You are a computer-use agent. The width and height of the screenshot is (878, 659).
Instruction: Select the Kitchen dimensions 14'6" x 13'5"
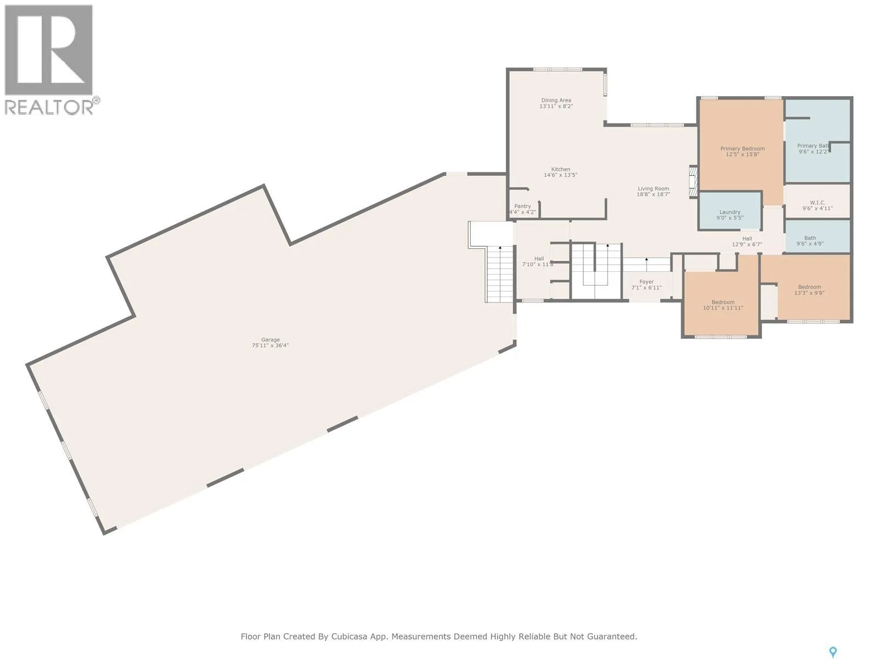pyautogui.click(x=560, y=175)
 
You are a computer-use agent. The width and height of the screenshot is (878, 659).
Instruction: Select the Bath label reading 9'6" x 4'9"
pyautogui.click(x=810, y=241)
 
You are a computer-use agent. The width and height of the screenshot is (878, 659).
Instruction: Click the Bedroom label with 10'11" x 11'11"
pyautogui.click(x=723, y=305)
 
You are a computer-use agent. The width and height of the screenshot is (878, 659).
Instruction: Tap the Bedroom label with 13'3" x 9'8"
pyautogui.click(x=809, y=290)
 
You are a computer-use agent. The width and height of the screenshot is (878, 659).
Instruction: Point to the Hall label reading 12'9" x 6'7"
pyautogui.click(x=747, y=241)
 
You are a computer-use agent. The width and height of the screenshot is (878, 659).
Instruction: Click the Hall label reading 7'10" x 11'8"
pyautogui.click(x=538, y=261)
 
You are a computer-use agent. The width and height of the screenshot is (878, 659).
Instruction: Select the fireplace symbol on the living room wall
pyautogui.click(x=693, y=181)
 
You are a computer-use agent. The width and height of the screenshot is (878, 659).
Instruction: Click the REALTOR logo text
pyautogui.click(x=49, y=107)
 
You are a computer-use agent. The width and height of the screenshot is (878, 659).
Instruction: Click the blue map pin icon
pyautogui.click(x=833, y=652)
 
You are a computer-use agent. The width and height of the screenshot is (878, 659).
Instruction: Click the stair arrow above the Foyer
pyautogui.click(x=646, y=264)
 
